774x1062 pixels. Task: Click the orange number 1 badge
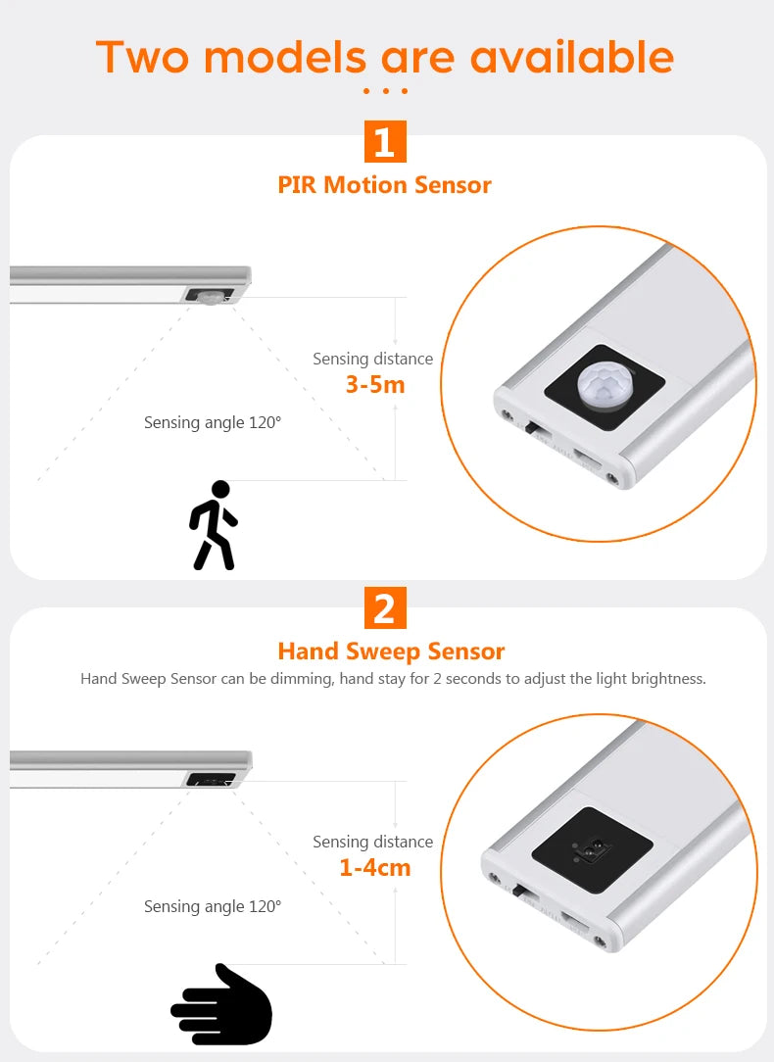click(x=384, y=142)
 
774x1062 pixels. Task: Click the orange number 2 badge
click(x=384, y=608)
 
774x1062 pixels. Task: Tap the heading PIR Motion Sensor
click(x=384, y=184)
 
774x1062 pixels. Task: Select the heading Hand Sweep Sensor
click(x=391, y=651)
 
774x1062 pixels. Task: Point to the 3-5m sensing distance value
click(x=374, y=384)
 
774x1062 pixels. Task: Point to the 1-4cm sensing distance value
click(x=374, y=867)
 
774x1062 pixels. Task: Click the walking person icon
click(x=214, y=525)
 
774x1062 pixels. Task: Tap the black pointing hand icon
click(x=222, y=1005)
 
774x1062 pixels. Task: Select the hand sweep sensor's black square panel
click(x=592, y=849)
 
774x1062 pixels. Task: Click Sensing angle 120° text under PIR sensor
click(x=212, y=422)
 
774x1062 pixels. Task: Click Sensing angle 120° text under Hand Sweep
click(x=212, y=906)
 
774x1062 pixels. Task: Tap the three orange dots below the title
click(x=384, y=91)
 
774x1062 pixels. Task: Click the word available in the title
click(x=571, y=57)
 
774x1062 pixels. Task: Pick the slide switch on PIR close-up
click(x=534, y=428)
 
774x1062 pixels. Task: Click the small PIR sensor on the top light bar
click(x=210, y=297)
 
